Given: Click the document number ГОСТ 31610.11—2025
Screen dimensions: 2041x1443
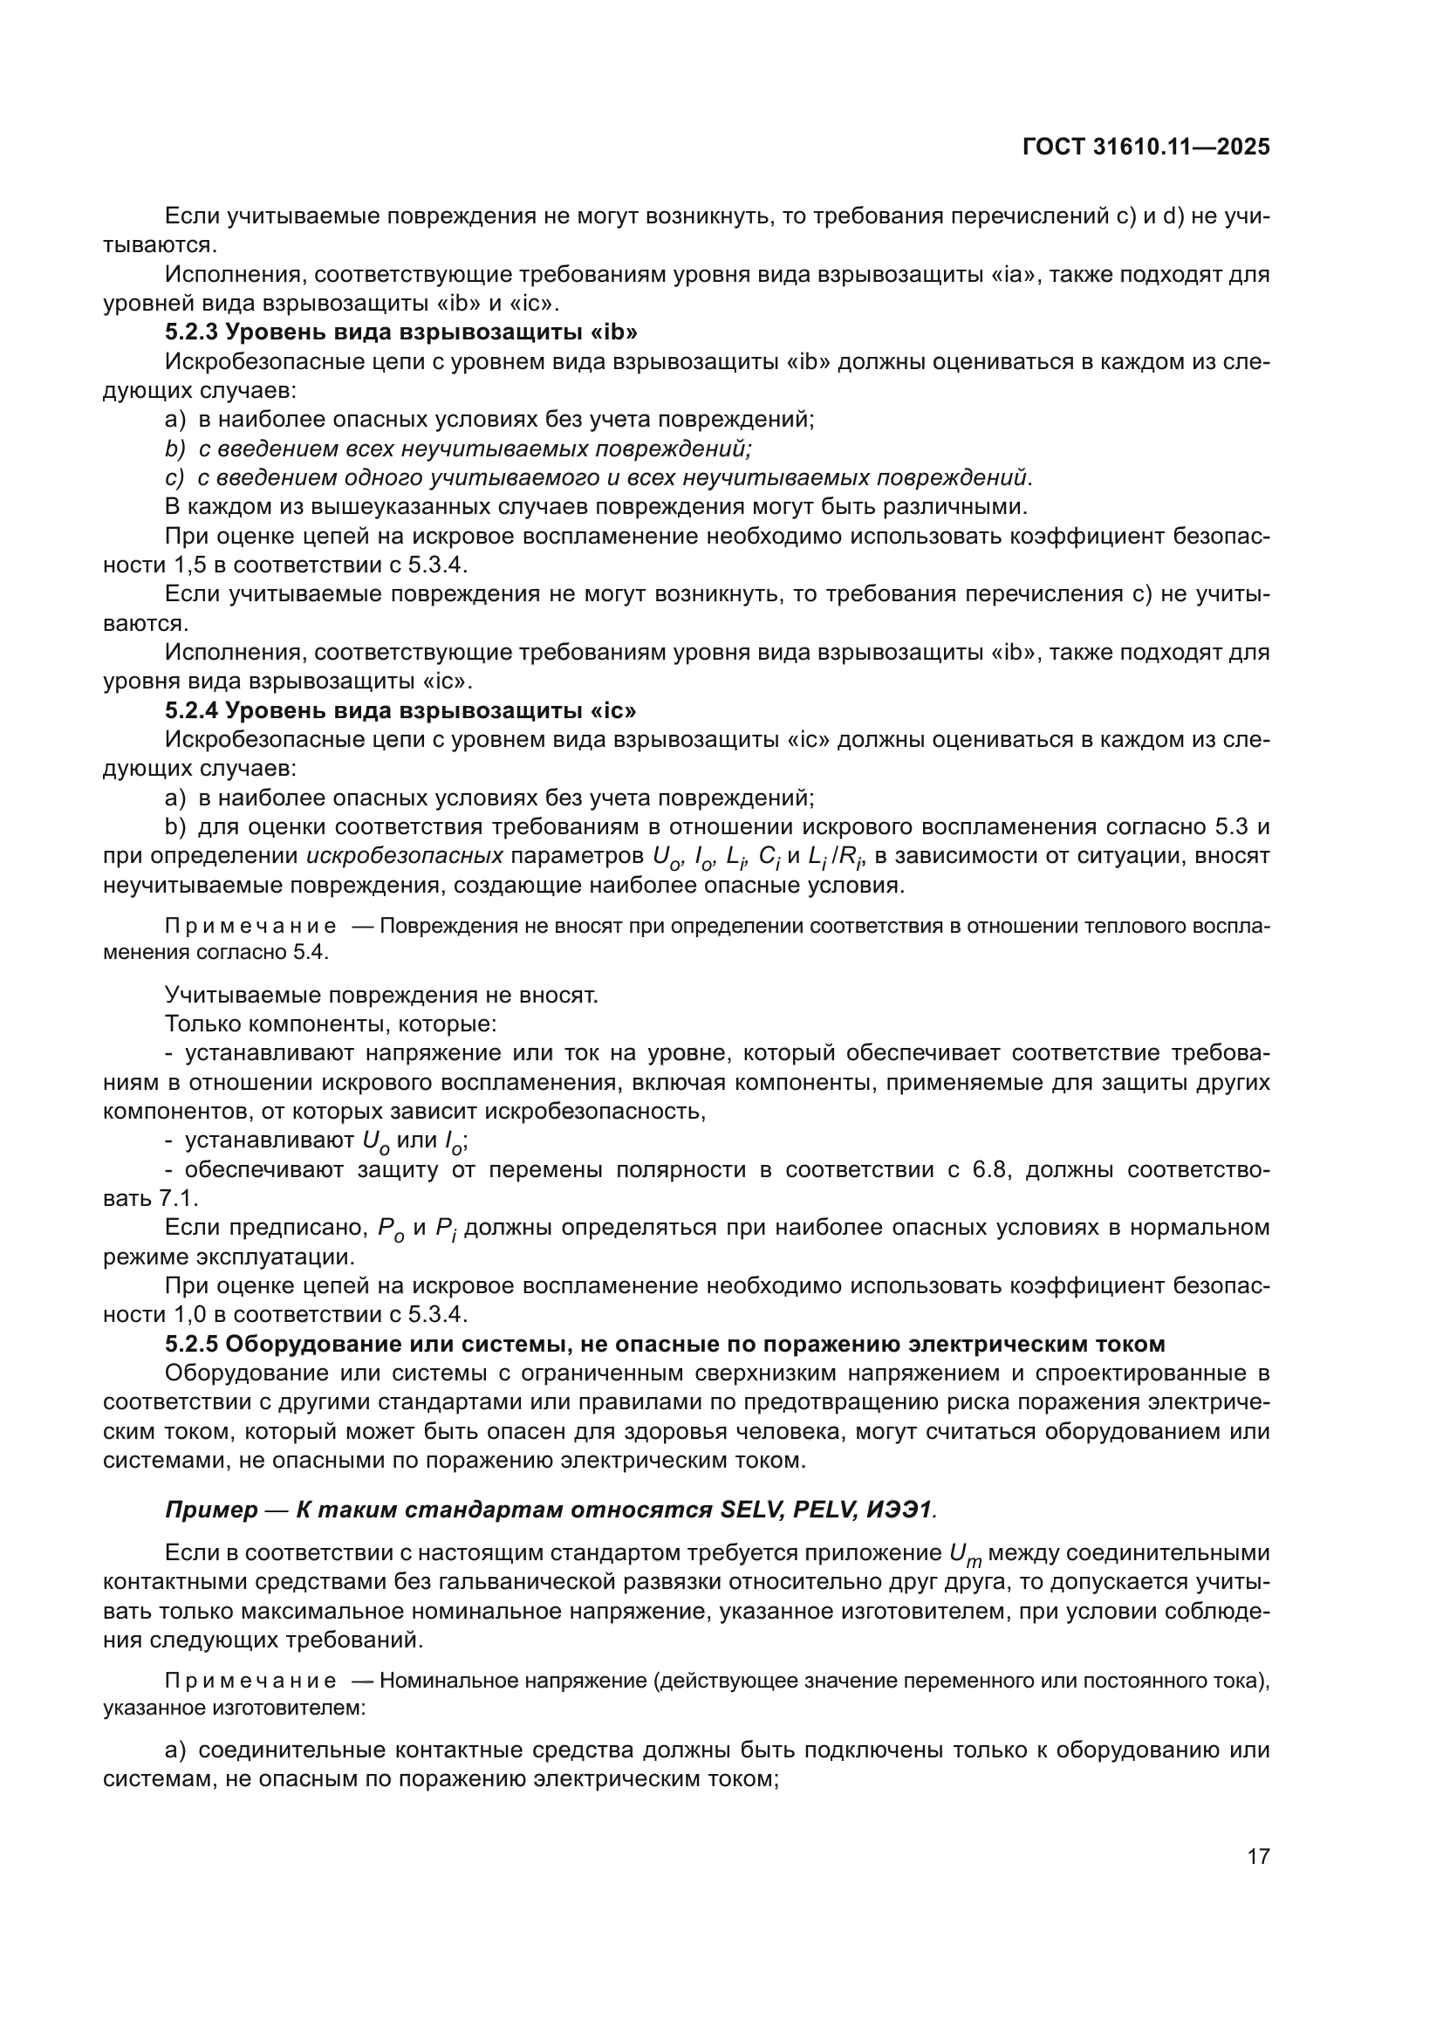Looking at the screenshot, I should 1146,147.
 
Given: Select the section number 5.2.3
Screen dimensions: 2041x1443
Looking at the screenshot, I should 191,332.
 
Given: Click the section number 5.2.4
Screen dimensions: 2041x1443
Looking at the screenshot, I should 191,710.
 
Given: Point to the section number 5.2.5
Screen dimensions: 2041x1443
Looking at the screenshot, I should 191,1343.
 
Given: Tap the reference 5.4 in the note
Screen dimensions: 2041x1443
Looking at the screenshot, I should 311,952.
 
